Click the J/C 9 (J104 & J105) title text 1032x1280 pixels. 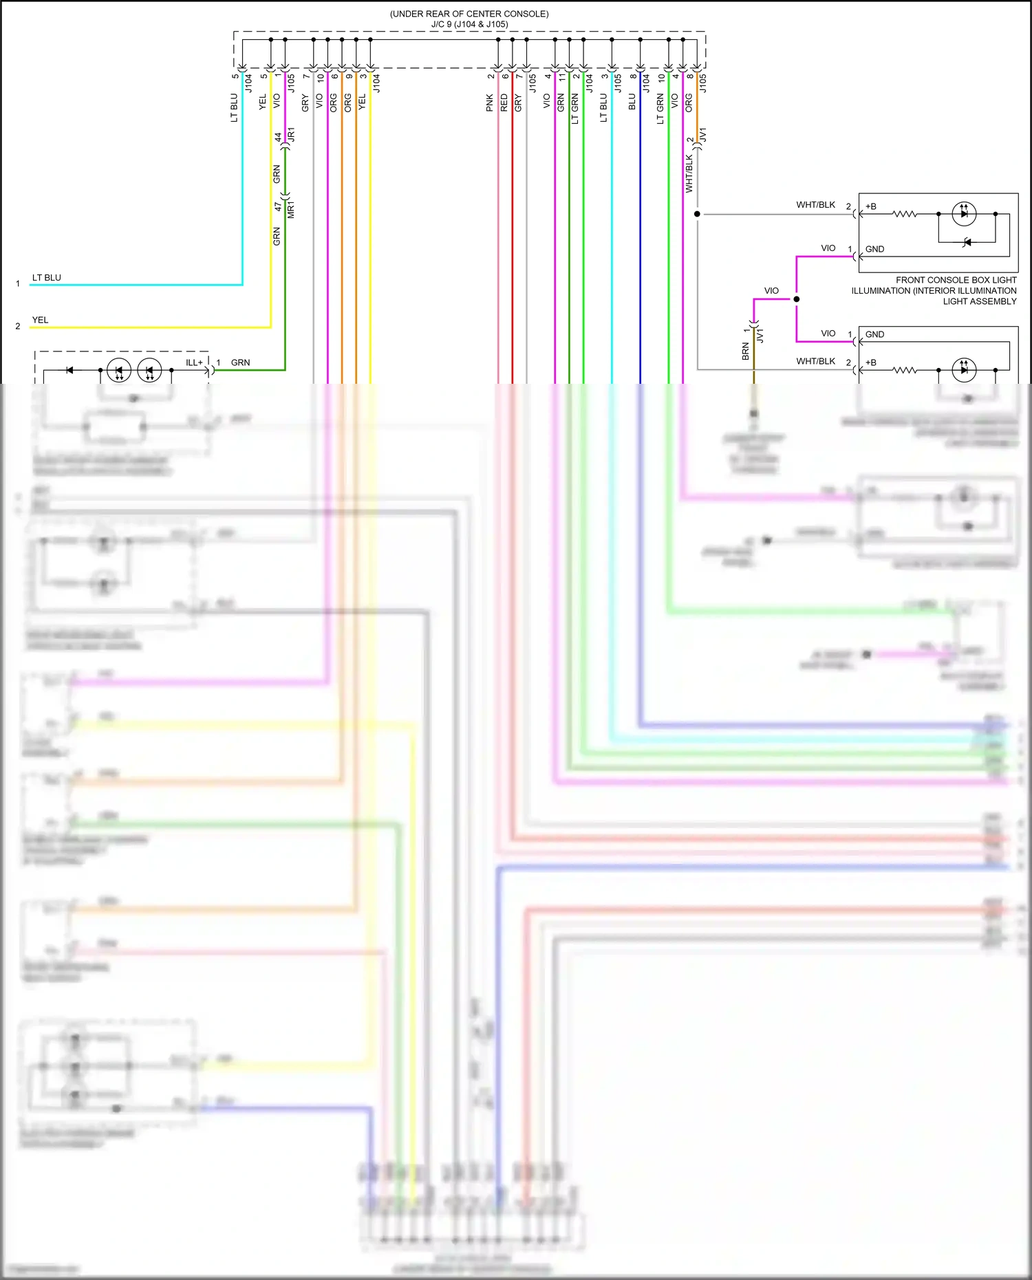coord(469,24)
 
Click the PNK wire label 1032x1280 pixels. coord(490,102)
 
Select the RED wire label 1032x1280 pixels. coord(504,102)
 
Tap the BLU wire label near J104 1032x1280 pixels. coord(632,102)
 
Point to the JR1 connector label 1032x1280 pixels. coord(291,135)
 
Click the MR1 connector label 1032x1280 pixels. coord(291,210)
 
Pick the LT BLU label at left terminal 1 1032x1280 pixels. coord(47,278)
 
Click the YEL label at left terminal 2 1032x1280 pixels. coord(40,320)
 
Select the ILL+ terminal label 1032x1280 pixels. coord(194,362)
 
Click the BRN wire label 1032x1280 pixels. coord(745,351)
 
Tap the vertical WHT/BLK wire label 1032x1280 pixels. coord(689,173)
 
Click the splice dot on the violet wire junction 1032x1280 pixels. coord(796,299)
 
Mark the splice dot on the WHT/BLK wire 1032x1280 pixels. coord(697,214)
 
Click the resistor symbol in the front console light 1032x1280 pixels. coord(905,214)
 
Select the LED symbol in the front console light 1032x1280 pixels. coord(963,214)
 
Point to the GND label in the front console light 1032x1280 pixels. coord(874,249)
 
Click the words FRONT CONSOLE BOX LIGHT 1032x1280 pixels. coord(956,280)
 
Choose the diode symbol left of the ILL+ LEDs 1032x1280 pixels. coord(69,370)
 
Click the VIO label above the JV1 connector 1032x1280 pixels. coord(771,291)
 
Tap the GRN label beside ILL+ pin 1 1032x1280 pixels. coord(240,362)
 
